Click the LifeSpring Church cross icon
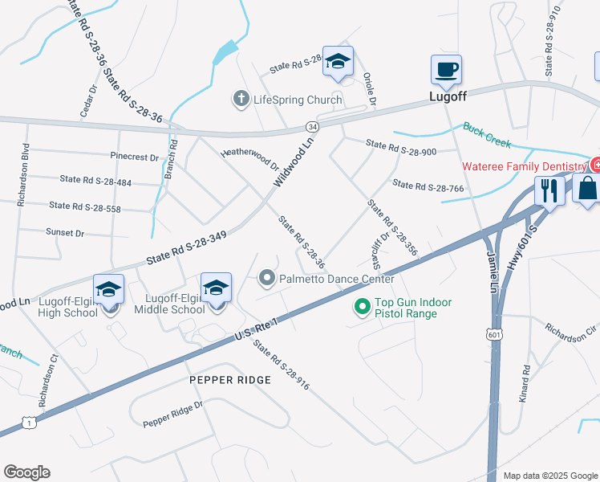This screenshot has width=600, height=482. click(x=240, y=100)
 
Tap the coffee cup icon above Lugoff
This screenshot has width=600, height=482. click(x=446, y=69)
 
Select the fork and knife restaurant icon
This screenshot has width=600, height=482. click(x=549, y=191)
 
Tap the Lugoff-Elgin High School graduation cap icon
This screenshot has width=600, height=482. click(x=109, y=289)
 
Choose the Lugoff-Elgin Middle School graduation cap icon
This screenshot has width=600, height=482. click(x=216, y=287)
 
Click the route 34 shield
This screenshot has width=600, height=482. click(x=312, y=127)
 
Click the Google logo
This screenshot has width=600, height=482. click(x=26, y=472)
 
